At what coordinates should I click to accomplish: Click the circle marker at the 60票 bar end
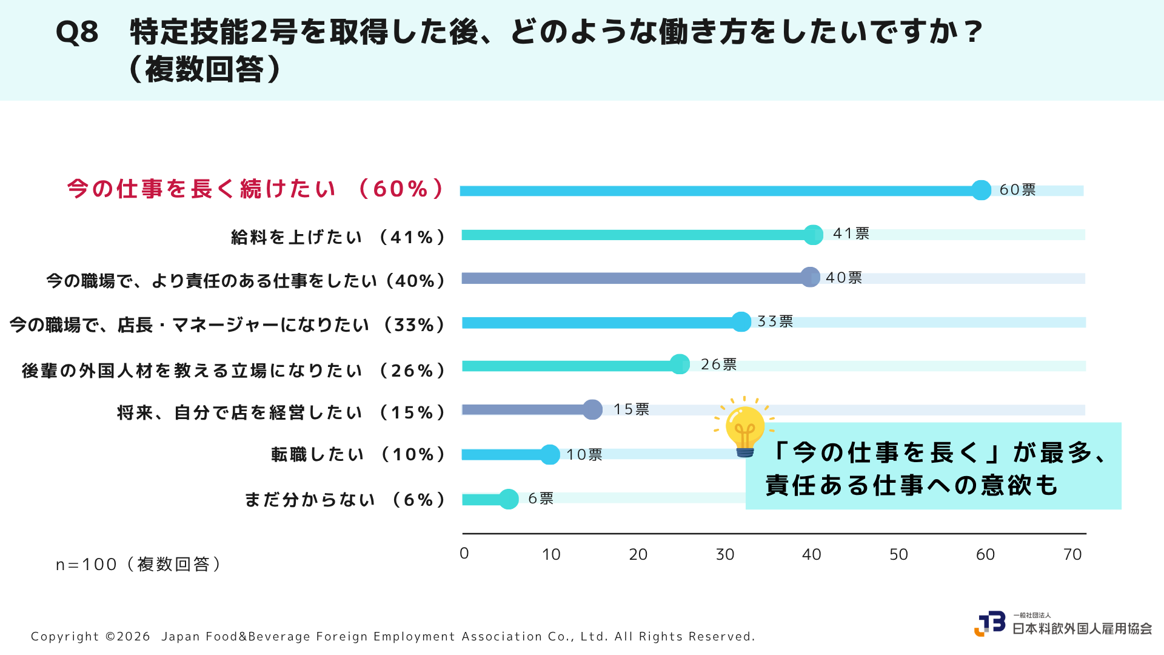tap(981, 190)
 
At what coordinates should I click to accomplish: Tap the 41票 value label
tap(851, 233)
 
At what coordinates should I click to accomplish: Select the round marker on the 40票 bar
tap(810, 278)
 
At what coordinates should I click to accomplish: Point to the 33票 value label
tap(775, 321)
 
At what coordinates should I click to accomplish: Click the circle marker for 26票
tap(680, 364)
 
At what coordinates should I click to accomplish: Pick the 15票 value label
tap(631, 409)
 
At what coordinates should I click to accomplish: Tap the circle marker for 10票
tap(550, 454)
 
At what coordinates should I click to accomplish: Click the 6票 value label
tap(541, 499)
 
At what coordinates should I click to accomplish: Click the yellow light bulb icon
tap(744, 427)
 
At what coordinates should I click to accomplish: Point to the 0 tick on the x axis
tap(464, 554)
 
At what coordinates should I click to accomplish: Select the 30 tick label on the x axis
tap(725, 554)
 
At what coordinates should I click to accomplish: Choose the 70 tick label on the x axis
tap(1072, 554)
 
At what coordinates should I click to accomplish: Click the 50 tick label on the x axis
tap(898, 554)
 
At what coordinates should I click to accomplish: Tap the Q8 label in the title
tap(77, 32)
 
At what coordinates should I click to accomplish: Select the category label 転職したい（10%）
tap(358, 454)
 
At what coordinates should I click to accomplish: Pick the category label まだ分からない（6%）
tap(345, 500)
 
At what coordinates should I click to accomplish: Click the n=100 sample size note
tap(139, 565)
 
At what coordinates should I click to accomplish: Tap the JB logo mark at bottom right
tap(990, 623)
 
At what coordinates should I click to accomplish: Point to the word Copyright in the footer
tap(65, 637)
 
